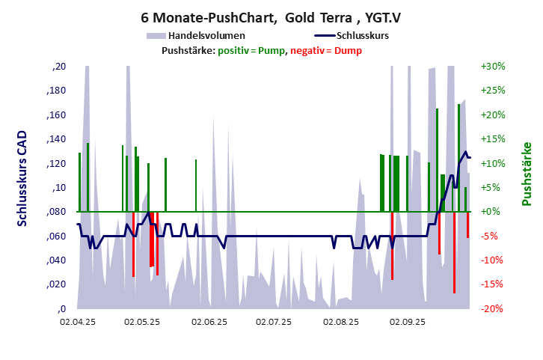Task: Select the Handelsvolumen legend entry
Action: click(x=206, y=35)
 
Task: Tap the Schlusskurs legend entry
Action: click(x=362, y=35)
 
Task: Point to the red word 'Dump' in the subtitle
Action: click(x=349, y=51)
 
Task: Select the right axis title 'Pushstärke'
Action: click(x=526, y=174)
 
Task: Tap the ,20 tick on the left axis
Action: click(x=60, y=67)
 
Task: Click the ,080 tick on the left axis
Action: click(x=57, y=212)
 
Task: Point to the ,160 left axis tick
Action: click(x=57, y=115)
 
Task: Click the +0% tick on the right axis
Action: click(x=493, y=212)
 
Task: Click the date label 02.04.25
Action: click(x=78, y=323)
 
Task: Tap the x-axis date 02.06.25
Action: click(x=209, y=323)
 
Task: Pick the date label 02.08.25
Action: click(x=341, y=323)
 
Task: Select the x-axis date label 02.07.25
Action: click(x=275, y=323)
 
